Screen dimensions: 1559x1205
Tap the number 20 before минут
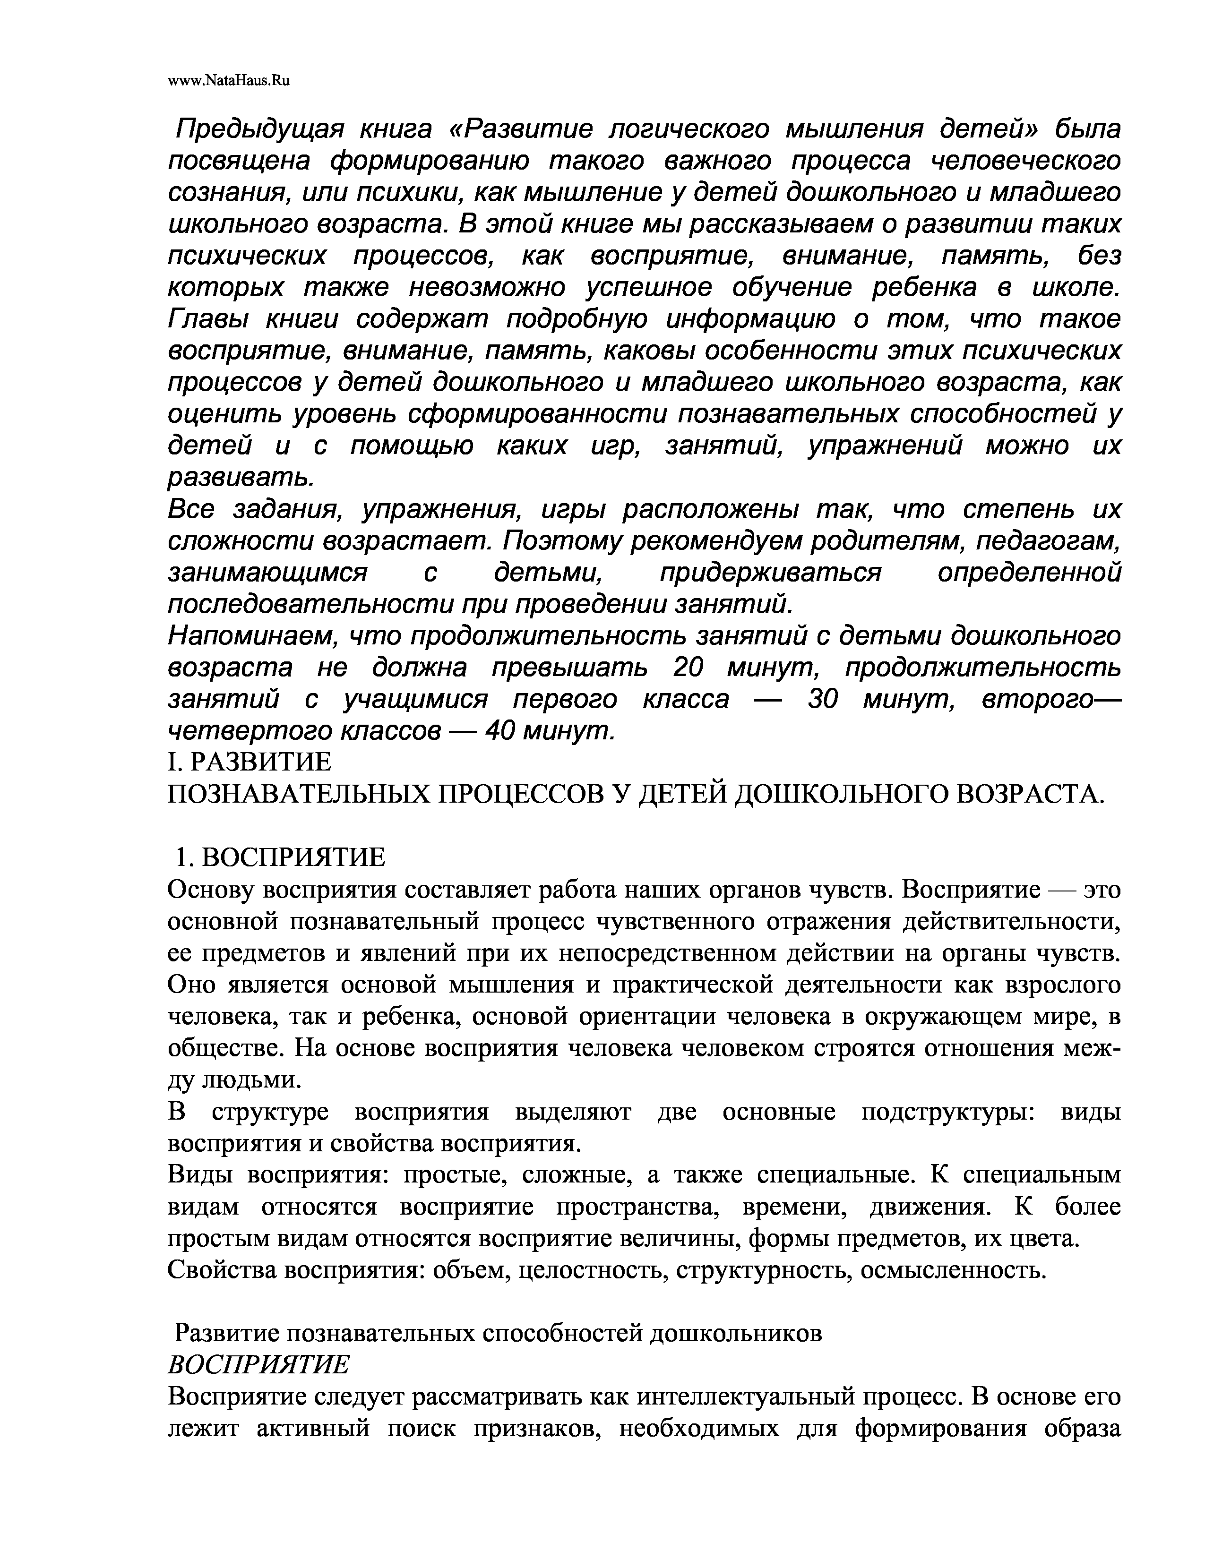point(688,668)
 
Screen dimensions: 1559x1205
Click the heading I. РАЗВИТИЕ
point(250,762)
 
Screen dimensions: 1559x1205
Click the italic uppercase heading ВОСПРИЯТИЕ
point(258,1365)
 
